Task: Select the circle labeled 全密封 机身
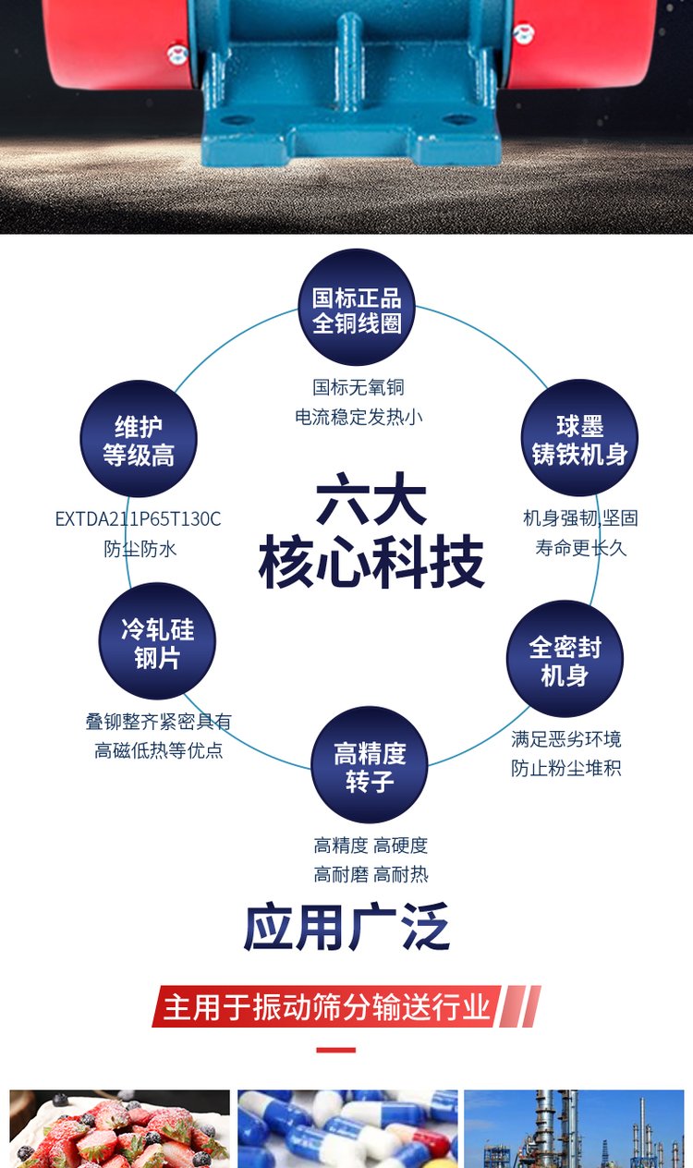pos(565,659)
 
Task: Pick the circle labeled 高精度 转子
pos(370,765)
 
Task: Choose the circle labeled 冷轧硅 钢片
pos(157,641)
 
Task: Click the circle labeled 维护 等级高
pos(139,439)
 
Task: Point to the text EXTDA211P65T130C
pos(139,518)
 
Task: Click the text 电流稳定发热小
pos(359,417)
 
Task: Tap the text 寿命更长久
pos(580,548)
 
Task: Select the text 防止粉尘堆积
pos(566,768)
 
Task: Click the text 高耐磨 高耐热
pos(371,874)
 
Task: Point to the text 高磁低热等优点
pos(159,750)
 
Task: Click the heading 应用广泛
pos(346,927)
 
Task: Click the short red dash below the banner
pos(335,1051)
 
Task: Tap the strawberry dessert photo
pos(119,1128)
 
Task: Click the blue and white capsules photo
pos(347,1128)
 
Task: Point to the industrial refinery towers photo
pos(574,1128)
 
